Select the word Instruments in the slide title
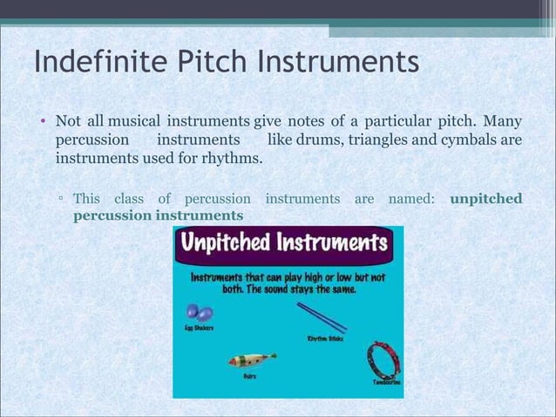tap(336, 63)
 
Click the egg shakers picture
tap(198, 312)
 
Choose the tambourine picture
tap(383, 359)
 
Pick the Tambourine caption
tap(387, 382)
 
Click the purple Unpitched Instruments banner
tap(288, 242)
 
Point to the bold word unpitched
tap(486, 199)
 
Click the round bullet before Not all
tap(41, 120)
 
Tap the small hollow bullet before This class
tap(61, 200)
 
